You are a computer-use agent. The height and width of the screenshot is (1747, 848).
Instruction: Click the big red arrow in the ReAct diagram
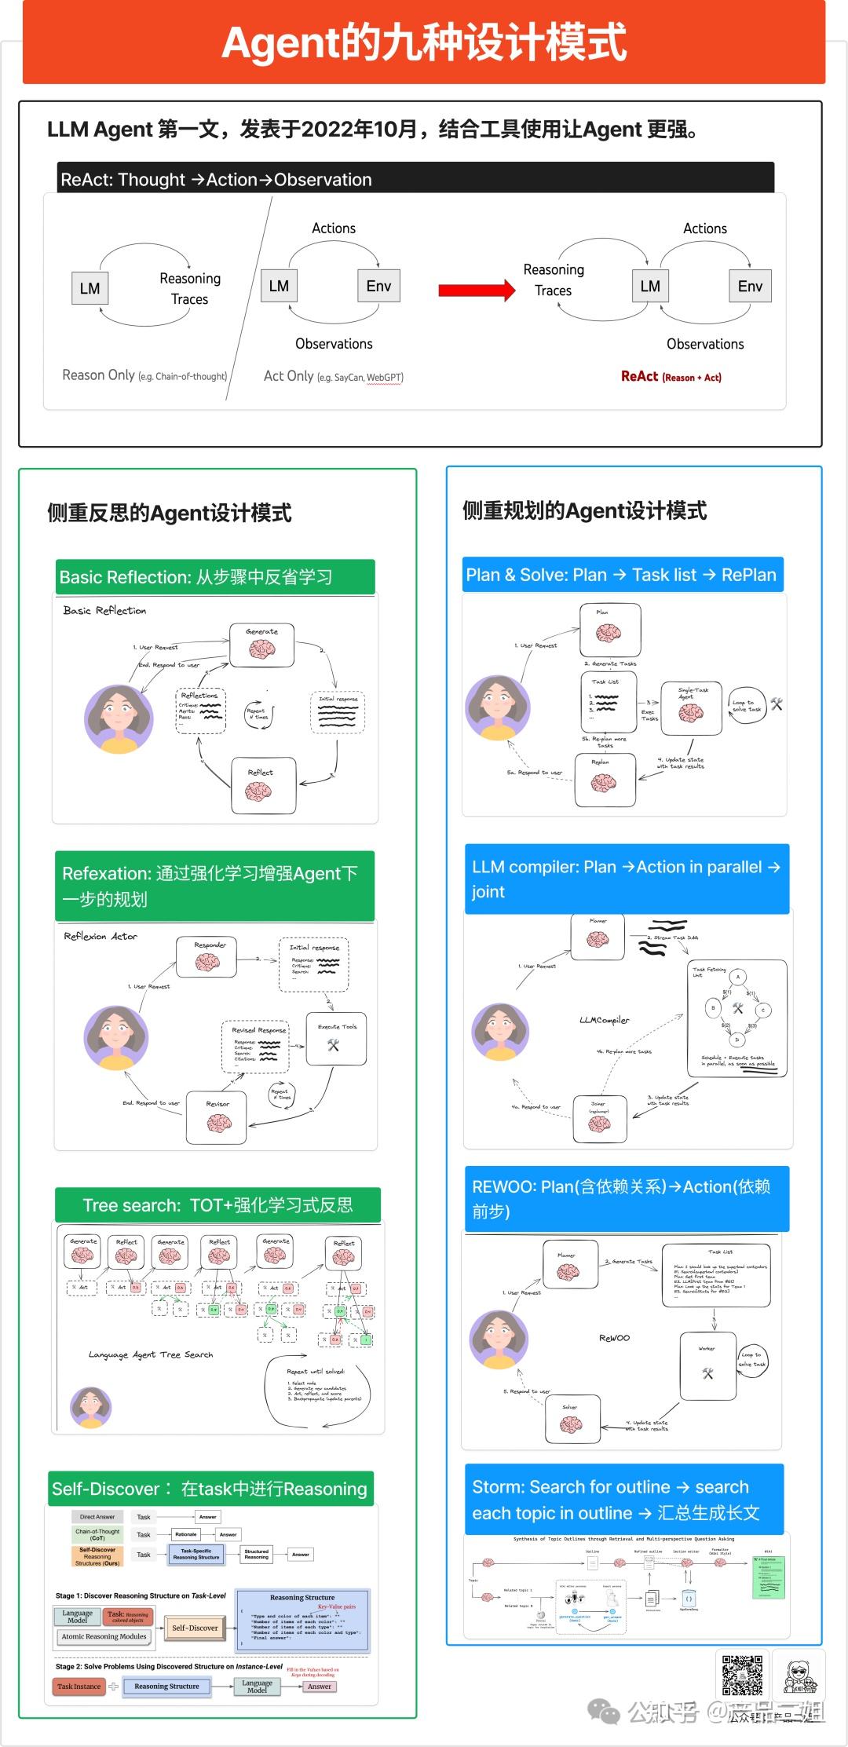(476, 291)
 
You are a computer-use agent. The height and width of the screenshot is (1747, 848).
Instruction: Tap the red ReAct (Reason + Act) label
(671, 376)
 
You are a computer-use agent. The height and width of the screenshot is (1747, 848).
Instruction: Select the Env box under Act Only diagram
(378, 286)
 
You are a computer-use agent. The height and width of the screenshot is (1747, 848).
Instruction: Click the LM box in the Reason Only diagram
(90, 288)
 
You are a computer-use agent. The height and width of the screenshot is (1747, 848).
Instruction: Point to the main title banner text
(424, 43)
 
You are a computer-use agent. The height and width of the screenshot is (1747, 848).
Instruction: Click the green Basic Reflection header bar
(214, 577)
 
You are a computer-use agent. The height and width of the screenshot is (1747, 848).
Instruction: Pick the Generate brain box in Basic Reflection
(261, 645)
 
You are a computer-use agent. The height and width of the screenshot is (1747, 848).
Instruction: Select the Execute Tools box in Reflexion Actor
(336, 1038)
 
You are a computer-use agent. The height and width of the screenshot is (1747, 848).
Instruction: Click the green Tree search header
(217, 1205)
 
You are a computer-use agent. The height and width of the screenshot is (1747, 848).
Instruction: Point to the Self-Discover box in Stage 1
(195, 1628)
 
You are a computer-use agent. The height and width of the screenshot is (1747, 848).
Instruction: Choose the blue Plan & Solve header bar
(622, 575)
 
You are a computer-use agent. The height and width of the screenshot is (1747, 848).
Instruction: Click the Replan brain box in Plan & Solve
(603, 780)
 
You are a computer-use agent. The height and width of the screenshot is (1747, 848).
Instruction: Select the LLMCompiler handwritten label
(604, 1020)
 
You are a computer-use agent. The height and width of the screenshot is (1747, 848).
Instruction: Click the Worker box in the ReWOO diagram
(707, 1366)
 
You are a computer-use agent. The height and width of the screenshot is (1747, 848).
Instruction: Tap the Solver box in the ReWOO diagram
(571, 1419)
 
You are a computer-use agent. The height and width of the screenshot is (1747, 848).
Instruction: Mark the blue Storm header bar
(624, 1500)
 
